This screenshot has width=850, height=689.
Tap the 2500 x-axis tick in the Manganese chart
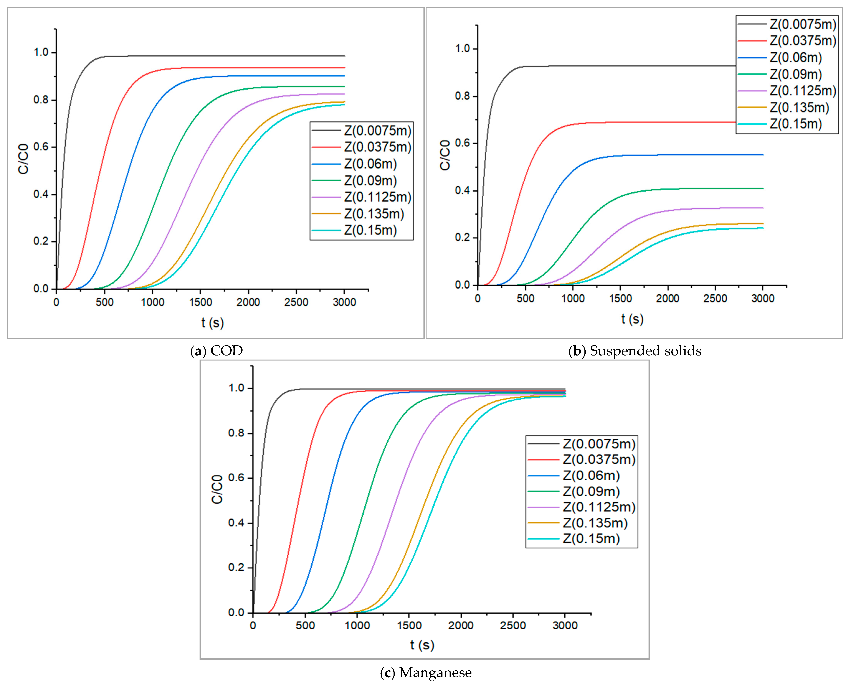[513, 626]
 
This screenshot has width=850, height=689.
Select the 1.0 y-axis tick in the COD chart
[41, 52]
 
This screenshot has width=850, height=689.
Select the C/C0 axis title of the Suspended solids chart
[445, 155]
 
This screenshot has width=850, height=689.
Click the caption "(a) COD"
[216, 351]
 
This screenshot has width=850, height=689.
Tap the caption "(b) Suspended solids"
[635, 351]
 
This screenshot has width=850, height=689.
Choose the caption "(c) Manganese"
[426, 673]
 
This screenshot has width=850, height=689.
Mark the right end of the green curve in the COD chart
[344, 86]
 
